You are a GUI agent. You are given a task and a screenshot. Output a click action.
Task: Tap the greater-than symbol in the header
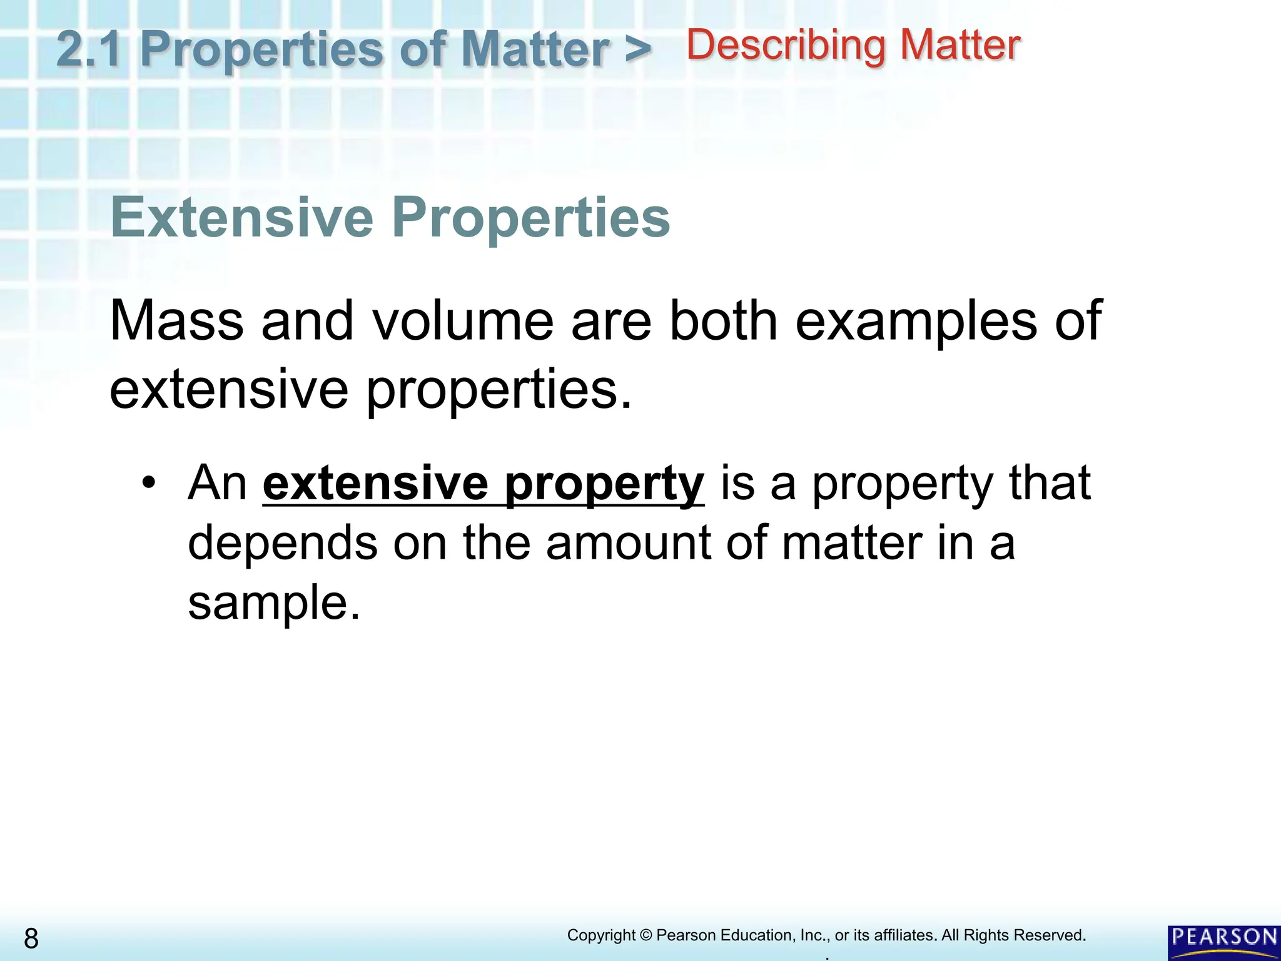(637, 50)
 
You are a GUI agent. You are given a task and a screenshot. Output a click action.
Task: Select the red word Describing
(786, 46)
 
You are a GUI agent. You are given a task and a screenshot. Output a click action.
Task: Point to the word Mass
(177, 321)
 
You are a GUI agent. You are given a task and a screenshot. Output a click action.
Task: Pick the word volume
(463, 321)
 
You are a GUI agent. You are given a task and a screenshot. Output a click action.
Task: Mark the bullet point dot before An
(148, 483)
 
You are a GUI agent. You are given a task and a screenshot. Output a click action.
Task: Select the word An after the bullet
(218, 483)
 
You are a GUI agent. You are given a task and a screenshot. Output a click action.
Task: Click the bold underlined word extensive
(375, 483)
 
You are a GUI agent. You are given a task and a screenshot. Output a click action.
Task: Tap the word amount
(628, 543)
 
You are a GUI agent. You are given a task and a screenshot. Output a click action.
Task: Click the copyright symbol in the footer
(646, 935)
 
